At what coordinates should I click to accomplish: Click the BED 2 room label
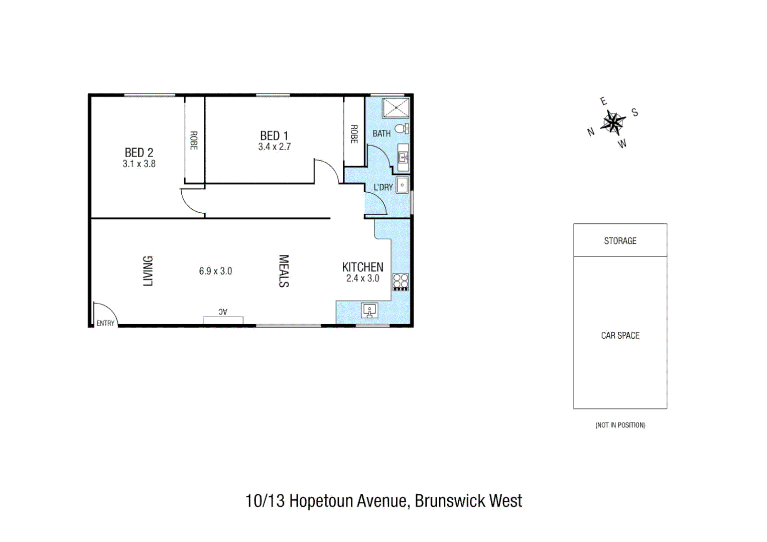(139, 153)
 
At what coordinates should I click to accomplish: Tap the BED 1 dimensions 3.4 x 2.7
(274, 147)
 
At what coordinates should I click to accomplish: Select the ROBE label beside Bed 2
(194, 141)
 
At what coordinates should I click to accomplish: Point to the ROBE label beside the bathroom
(354, 134)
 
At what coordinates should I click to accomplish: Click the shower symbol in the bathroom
(396, 108)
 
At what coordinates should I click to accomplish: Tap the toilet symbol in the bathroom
(402, 129)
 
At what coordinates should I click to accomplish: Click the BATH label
(381, 133)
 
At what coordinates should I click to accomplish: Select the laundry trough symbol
(402, 185)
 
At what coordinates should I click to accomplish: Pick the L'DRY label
(383, 187)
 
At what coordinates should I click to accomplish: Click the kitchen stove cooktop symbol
(401, 282)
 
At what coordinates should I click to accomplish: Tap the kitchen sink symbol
(370, 311)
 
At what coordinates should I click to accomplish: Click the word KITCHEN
(362, 267)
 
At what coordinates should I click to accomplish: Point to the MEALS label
(284, 271)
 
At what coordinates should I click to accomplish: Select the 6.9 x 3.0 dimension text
(215, 271)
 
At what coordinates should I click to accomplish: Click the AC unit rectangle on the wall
(223, 320)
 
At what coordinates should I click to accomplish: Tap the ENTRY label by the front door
(105, 323)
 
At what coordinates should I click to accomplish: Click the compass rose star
(613, 122)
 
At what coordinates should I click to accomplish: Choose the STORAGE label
(620, 241)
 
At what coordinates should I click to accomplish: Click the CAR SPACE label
(620, 335)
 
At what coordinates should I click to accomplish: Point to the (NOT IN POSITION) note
(620, 425)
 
